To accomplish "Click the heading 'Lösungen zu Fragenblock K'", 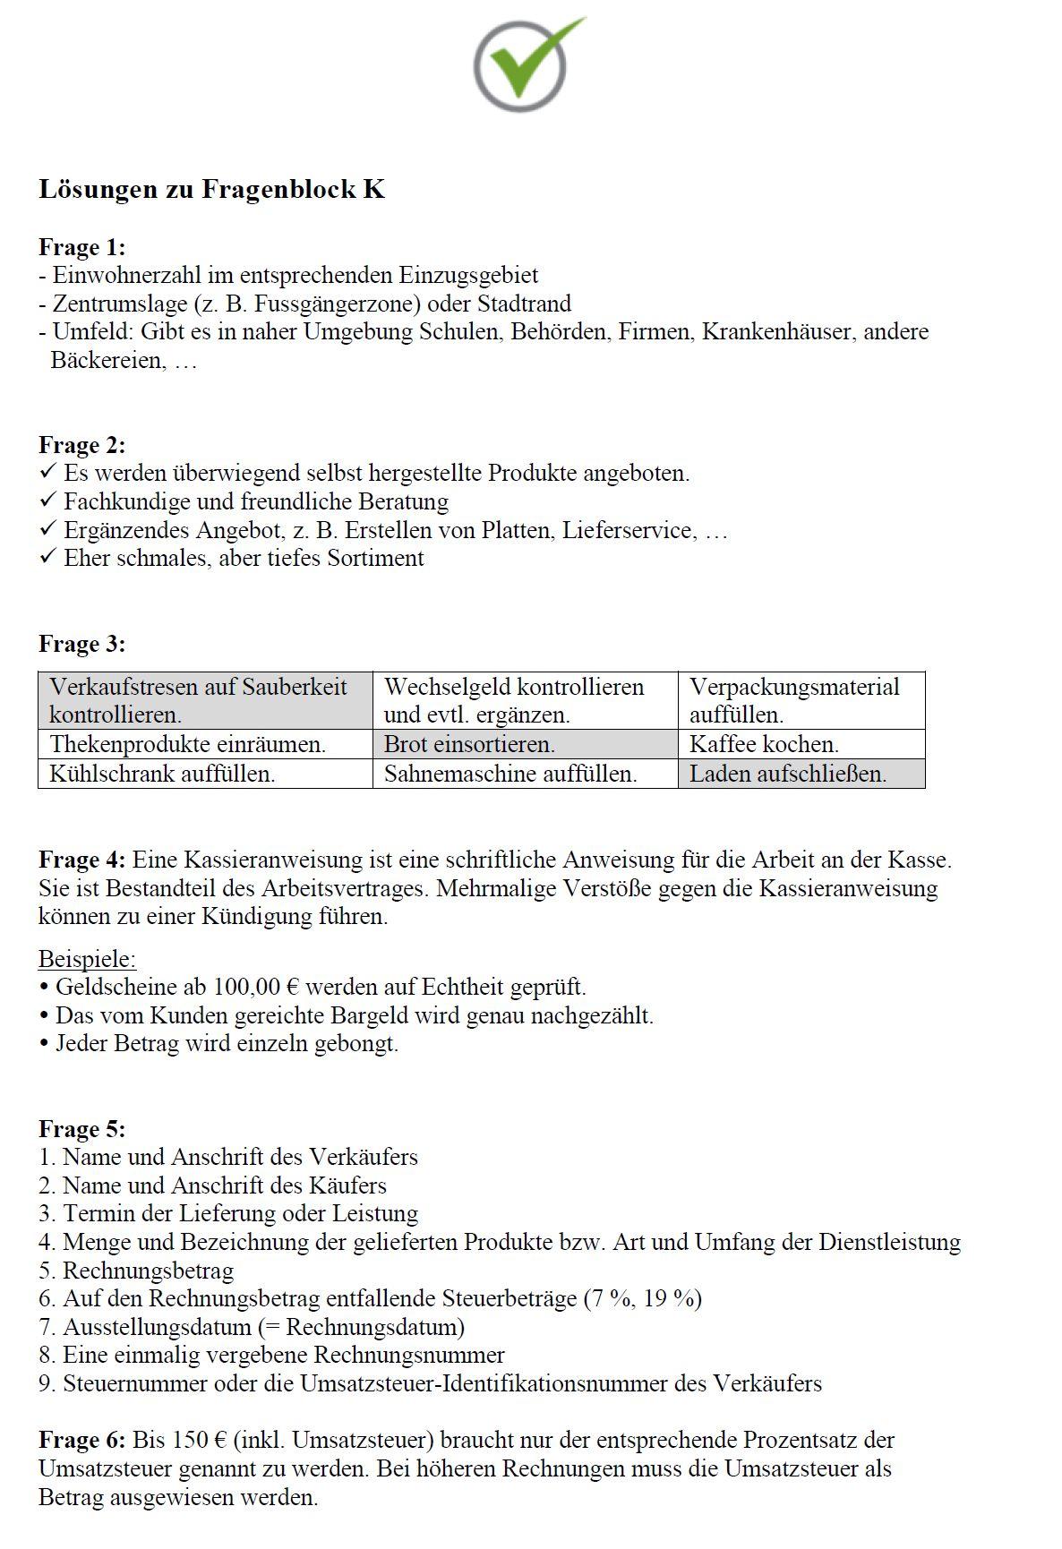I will pyautogui.click(x=211, y=190).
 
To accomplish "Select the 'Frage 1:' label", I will pyautogui.click(x=81, y=247).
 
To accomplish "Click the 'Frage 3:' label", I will pyautogui.click(x=81, y=644).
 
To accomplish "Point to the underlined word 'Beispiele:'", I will pyautogui.click(x=87, y=959).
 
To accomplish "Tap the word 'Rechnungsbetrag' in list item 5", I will pyautogui.click(x=148, y=1271).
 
